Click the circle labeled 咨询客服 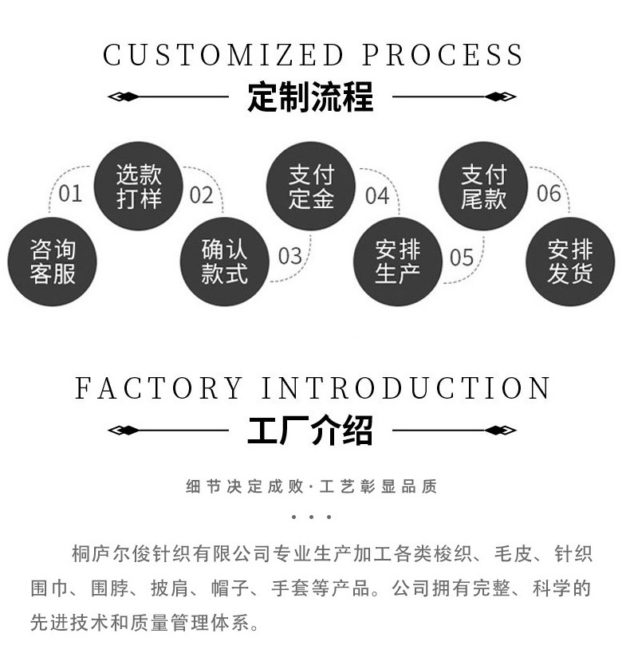coord(53,262)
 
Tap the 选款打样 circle coord(139,187)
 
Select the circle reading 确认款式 coord(225,262)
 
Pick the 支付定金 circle coord(311,187)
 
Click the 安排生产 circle coord(397,262)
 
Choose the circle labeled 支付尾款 coord(483,187)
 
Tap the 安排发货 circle coord(569,262)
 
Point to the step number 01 coord(70,194)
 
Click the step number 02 coord(202,195)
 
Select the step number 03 coord(289,256)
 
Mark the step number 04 coord(376,195)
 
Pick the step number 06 coord(549,194)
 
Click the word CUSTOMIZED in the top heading coord(222,55)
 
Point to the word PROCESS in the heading coord(443,55)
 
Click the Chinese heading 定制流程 coord(310,98)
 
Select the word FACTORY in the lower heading coord(159,388)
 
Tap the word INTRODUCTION coord(407,388)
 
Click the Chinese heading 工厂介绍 coord(310,431)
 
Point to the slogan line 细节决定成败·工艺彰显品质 coord(311,486)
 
